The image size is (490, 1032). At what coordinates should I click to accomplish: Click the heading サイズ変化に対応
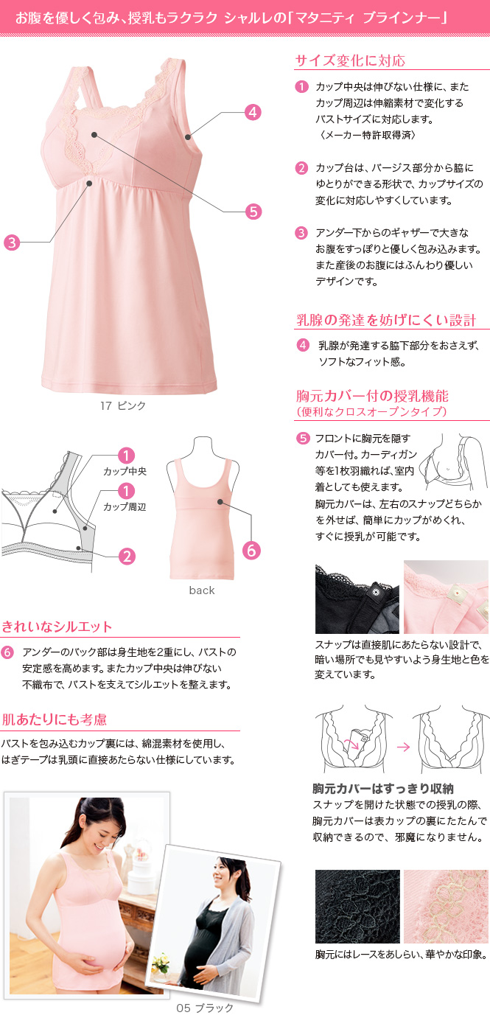click(350, 60)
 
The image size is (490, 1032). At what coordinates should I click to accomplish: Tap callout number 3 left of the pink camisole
click(12, 242)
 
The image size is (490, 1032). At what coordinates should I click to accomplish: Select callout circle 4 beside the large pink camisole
click(253, 112)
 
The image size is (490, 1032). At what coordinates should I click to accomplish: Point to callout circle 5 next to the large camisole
click(253, 212)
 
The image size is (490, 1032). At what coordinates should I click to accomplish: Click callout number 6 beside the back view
click(251, 551)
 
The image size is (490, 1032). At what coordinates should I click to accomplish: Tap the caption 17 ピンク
click(123, 405)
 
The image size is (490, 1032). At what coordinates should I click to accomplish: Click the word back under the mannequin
click(202, 590)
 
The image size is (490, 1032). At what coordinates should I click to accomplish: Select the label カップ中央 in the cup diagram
click(125, 471)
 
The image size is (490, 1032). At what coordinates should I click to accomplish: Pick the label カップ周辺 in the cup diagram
click(125, 507)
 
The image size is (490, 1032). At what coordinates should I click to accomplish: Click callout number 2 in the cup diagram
click(127, 557)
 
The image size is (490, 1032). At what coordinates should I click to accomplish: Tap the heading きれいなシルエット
click(57, 627)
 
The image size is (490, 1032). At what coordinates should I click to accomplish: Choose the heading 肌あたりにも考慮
click(55, 719)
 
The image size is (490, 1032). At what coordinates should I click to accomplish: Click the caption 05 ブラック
click(205, 1008)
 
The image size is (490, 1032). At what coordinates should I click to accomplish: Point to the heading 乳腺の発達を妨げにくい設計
click(386, 320)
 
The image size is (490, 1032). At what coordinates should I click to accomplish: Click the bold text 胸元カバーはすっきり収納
click(383, 789)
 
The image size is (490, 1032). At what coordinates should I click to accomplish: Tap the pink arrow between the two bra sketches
click(404, 747)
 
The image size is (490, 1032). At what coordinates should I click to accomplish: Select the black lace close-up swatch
click(357, 906)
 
